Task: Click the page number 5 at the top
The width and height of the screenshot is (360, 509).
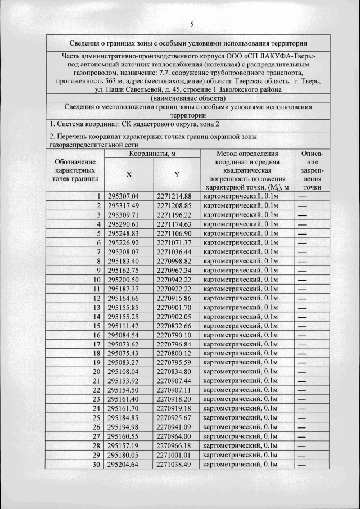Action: (192, 24)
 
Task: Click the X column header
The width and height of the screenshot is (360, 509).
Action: (129, 174)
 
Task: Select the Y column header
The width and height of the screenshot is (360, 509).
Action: (177, 174)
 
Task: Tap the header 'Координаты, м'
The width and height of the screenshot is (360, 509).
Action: (152, 153)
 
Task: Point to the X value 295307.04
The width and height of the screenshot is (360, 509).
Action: (123, 196)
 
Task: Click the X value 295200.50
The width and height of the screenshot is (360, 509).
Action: (123, 279)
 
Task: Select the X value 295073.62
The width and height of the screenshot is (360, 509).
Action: (123, 344)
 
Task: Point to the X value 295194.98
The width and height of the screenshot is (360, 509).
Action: (123, 427)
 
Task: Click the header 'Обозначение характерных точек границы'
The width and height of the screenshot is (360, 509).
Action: (76, 170)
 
